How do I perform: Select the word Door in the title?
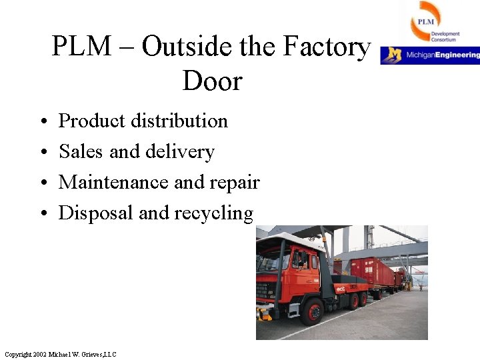(211, 82)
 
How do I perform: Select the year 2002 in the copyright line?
(38, 354)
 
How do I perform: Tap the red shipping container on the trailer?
(373, 271)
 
